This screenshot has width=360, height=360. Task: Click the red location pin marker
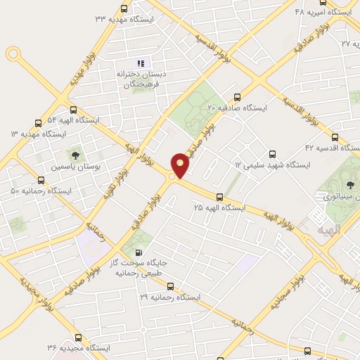(x=180, y=165)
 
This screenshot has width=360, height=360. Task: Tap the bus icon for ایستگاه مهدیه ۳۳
(x=124, y=8)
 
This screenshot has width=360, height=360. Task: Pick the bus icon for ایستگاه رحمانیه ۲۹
(x=170, y=286)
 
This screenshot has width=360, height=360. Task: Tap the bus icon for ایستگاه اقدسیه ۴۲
(x=335, y=137)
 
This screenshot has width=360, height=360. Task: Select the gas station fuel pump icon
(x=138, y=253)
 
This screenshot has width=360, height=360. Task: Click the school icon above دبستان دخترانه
(x=139, y=63)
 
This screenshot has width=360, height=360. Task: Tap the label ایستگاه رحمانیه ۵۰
(x=41, y=191)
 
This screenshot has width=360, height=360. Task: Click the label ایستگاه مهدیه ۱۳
(x=38, y=134)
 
